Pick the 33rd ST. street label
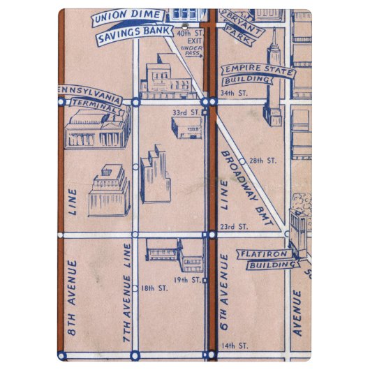coord(186,112)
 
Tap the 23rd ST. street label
coord(234,227)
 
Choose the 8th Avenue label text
coord(72,303)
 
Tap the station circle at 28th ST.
coord(242,161)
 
